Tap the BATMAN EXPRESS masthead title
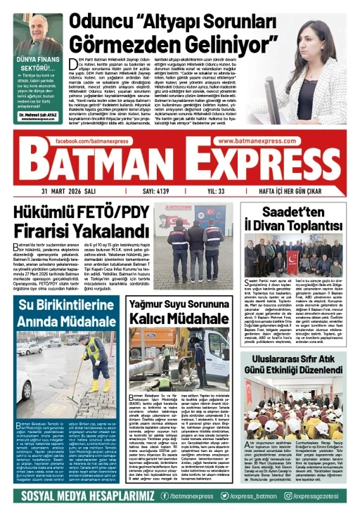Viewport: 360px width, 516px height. pyautogui.click(x=179, y=166)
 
